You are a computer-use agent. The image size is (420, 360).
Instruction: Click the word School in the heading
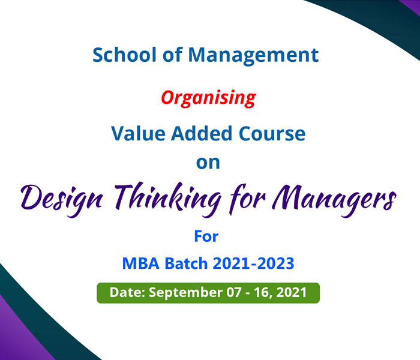pyautogui.click(x=124, y=55)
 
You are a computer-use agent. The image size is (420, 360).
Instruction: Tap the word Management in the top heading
pyautogui.click(x=253, y=56)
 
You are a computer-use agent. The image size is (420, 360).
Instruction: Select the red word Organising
pyautogui.click(x=208, y=98)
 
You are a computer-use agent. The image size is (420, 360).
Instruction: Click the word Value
pyautogui.click(x=138, y=133)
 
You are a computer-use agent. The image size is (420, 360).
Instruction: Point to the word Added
pyautogui.click(x=202, y=133)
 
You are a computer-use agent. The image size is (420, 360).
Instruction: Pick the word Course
pyautogui.click(x=272, y=133)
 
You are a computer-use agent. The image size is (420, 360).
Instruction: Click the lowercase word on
pyautogui.click(x=208, y=163)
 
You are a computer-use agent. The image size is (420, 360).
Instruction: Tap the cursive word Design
pyautogui.click(x=62, y=200)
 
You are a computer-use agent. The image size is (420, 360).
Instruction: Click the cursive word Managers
pyautogui.click(x=334, y=200)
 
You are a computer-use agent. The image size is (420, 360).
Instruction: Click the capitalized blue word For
pyautogui.click(x=206, y=236)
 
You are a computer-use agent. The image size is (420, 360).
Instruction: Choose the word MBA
pyautogui.click(x=140, y=263)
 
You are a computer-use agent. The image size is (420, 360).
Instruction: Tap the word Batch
pyautogui.click(x=186, y=263)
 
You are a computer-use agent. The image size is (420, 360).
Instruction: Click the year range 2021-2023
pyautogui.click(x=253, y=263)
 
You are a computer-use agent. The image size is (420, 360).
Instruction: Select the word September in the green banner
pyautogui.click(x=185, y=293)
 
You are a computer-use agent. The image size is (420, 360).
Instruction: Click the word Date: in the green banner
pyautogui.click(x=127, y=292)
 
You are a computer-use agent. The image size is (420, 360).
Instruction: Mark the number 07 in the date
pyautogui.click(x=234, y=292)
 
